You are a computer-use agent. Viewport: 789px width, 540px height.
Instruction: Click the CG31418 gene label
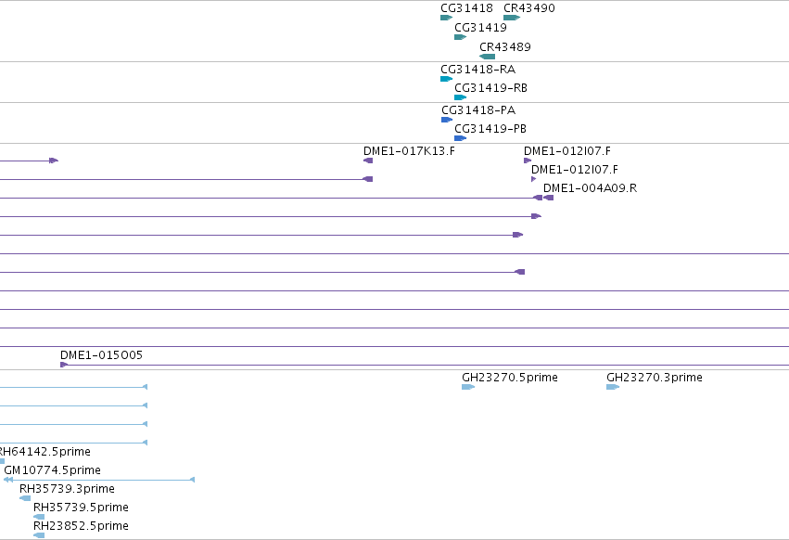point(466,8)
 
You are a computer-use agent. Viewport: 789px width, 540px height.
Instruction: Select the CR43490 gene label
point(529,8)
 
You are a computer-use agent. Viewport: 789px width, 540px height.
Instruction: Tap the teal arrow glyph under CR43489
point(487,57)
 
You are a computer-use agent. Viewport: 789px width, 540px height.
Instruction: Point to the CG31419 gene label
point(480,27)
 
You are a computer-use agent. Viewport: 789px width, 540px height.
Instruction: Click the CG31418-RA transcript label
point(478,69)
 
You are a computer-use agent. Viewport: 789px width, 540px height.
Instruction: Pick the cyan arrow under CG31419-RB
point(461,97)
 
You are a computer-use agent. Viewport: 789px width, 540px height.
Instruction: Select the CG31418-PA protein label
point(478,109)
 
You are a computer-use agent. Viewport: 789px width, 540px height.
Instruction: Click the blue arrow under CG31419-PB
point(461,138)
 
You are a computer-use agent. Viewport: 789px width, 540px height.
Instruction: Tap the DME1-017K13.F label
point(409,151)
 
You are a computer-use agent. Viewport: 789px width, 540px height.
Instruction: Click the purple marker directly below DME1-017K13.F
point(368,161)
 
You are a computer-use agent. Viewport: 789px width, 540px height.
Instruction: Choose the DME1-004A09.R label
point(591,188)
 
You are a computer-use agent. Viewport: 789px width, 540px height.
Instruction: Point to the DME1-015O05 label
point(102,355)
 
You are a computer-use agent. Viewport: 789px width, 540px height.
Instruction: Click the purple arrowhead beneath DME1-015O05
point(64,365)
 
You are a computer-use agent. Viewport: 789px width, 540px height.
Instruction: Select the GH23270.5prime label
point(510,378)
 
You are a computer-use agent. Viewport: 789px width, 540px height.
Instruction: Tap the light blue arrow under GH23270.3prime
point(613,387)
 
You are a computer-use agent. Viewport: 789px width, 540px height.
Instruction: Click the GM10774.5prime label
point(52,470)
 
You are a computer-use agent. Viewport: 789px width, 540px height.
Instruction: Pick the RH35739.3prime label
point(67,489)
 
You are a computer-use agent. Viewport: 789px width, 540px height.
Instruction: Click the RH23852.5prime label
point(81,526)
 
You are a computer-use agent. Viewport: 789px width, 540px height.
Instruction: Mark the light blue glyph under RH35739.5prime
point(39,517)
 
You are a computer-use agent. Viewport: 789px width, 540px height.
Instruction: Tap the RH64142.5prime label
point(45,451)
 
